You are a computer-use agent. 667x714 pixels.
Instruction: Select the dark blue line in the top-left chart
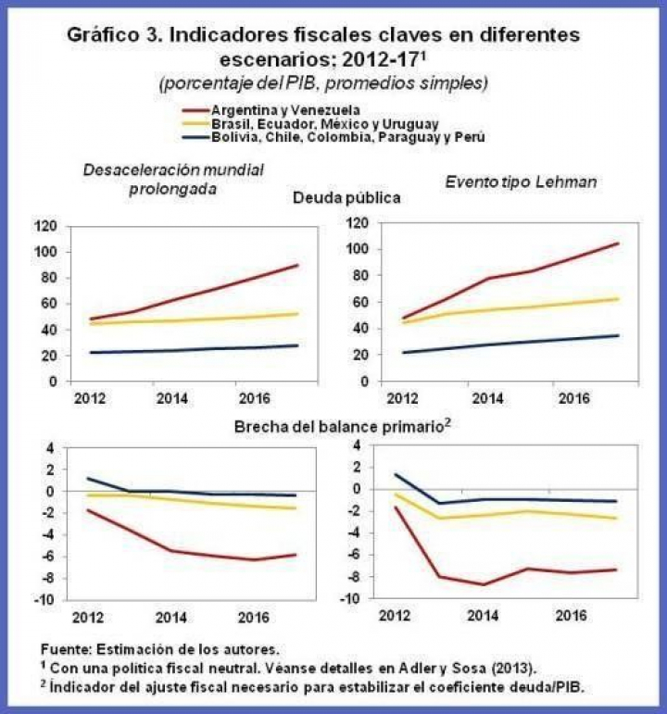(x=185, y=350)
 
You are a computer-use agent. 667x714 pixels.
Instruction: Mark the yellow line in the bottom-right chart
(x=519, y=513)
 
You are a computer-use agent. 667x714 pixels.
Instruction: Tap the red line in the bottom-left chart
(x=185, y=554)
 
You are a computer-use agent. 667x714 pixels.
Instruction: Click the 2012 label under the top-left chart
(x=90, y=400)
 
